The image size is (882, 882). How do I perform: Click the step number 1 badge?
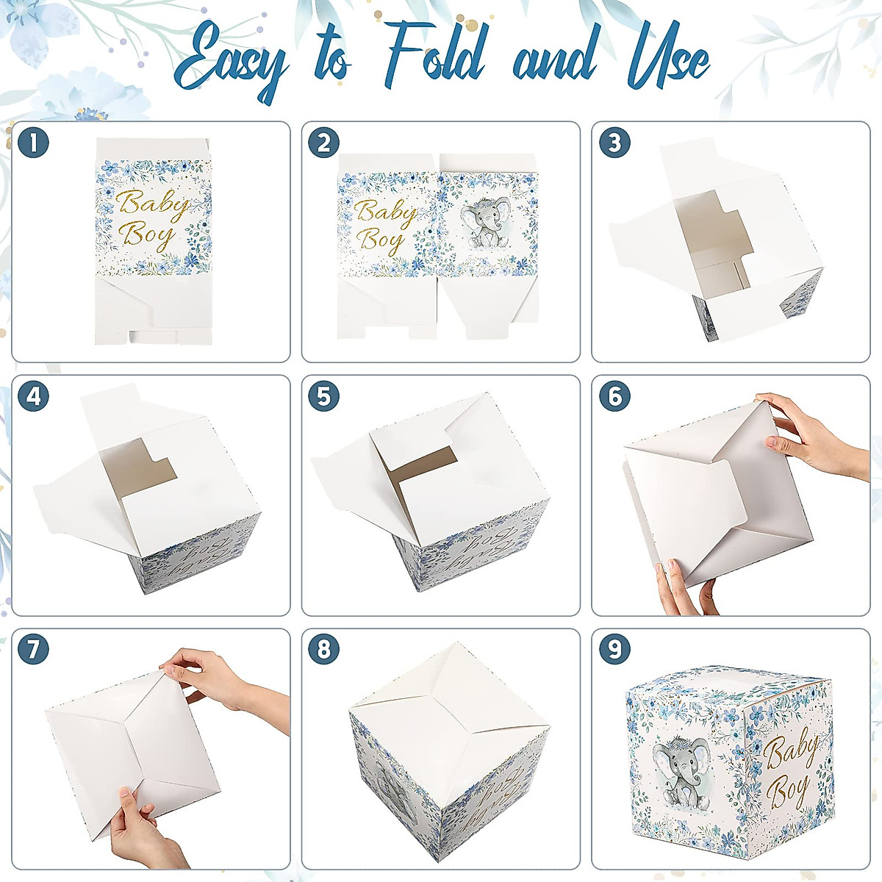click(x=34, y=143)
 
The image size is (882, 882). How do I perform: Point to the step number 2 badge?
click(x=324, y=143)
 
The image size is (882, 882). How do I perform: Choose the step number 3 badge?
click(x=614, y=143)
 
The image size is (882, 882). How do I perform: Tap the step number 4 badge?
click(x=34, y=397)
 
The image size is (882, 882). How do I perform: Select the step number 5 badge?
click(x=324, y=397)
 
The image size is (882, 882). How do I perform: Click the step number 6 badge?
click(x=614, y=397)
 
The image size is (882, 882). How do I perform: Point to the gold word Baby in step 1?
click(x=154, y=204)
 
